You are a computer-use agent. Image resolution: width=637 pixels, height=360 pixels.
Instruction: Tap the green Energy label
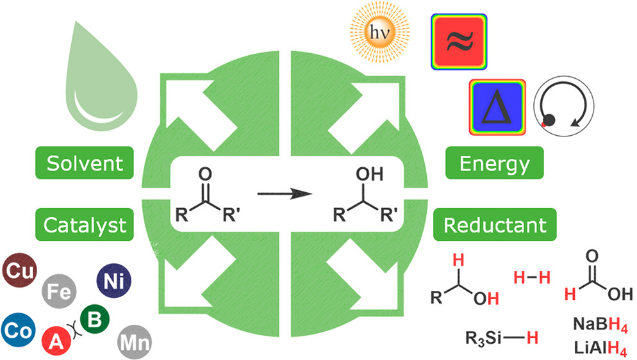[x=495, y=164]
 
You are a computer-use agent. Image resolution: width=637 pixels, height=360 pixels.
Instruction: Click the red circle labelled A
[x=58, y=338]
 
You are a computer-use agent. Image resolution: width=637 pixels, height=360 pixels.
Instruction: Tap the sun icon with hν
[x=379, y=31]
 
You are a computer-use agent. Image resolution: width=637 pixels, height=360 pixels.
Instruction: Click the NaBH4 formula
[x=598, y=327]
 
